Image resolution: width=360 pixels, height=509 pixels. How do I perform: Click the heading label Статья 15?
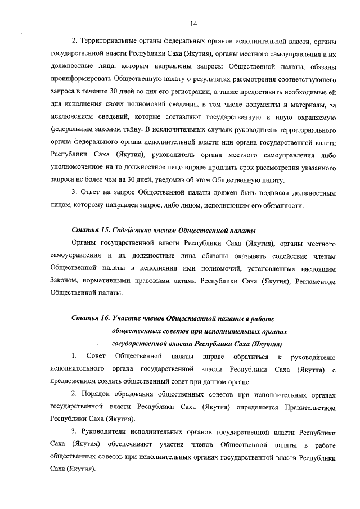tap(92, 231)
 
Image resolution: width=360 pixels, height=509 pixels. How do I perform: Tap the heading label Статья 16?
tap(92, 318)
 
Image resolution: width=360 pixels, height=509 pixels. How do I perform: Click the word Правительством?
tap(311, 406)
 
